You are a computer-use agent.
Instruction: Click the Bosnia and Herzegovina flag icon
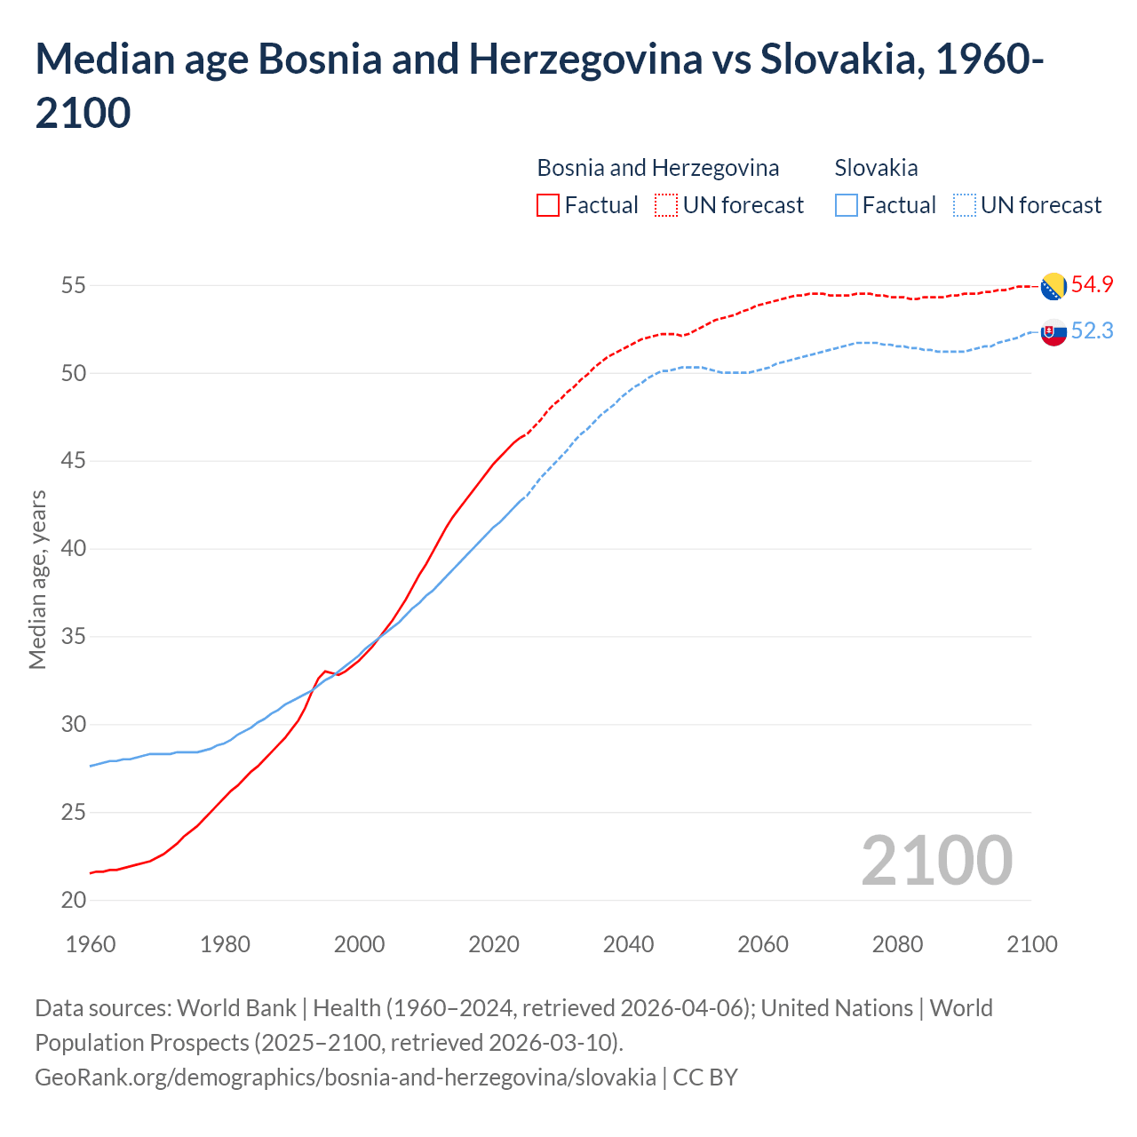click(x=1054, y=286)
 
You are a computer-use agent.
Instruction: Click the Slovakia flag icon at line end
click(x=1054, y=332)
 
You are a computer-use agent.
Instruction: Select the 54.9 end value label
click(x=1092, y=285)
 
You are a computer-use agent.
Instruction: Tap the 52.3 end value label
click(x=1092, y=331)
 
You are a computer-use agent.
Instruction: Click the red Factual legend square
click(x=548, y=205)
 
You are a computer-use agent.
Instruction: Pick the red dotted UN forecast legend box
click(x=666, y=205)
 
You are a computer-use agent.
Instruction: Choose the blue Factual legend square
click(x=847, y=205)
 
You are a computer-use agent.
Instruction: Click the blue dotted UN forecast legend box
click(x=964, y=205)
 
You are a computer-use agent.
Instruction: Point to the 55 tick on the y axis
click(x=74, y=286)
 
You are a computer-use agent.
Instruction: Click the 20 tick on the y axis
click(x=74, y=900)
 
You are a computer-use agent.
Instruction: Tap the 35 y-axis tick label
click(x=74, y=637)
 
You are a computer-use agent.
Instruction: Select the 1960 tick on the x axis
click(x=91, y=944)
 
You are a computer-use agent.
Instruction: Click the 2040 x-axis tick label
click(x=628, y=944)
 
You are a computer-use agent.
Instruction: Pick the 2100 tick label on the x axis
click(x=1031, y=944)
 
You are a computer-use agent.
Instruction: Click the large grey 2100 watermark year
click(x=936, y=860)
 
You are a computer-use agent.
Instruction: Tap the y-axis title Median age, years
click(x=37, y=579)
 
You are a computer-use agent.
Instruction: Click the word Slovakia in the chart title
click(x=831, y=60)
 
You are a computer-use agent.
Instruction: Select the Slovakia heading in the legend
click(x=876, y=168)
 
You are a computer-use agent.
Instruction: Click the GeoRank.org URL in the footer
click(x=345, y=1077)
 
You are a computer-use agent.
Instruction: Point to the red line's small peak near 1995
click(x=325, y=671)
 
